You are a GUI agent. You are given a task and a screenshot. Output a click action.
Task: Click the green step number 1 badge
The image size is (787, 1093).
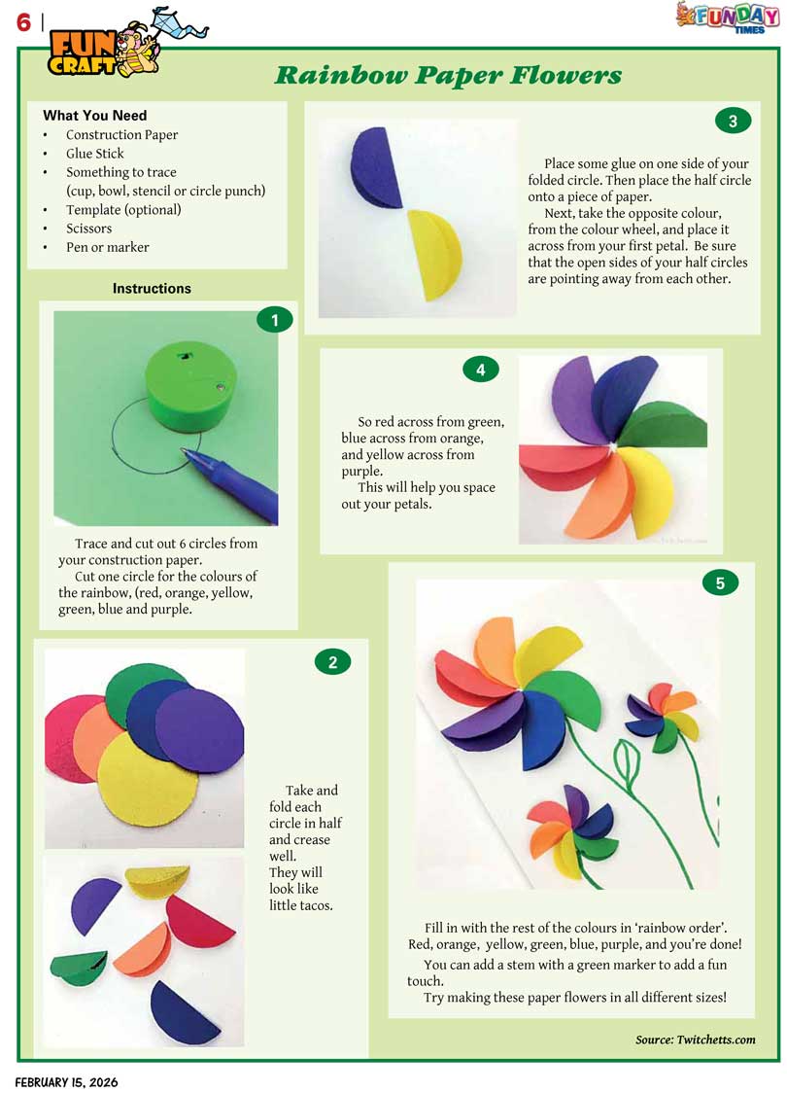274,320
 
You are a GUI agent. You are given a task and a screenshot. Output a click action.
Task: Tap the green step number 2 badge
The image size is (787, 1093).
333,662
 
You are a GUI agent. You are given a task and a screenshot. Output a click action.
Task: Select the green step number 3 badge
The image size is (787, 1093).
733,122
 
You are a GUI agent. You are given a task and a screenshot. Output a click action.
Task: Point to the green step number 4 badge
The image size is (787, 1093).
481,370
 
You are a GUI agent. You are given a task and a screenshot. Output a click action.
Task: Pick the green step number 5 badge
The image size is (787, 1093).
720,582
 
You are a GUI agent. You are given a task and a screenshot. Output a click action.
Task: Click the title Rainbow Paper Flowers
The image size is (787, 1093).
448,75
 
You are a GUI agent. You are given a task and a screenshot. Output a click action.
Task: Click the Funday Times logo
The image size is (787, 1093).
728,18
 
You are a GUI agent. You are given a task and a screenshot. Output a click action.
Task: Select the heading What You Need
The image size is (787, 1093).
94,115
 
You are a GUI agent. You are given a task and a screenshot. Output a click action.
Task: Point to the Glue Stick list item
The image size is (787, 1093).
94,154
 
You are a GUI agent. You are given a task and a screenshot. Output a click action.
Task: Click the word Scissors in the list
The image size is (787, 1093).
88,228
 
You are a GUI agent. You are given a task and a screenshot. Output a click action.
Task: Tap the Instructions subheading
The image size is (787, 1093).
152,288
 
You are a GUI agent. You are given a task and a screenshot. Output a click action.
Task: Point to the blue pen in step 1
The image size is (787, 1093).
231,483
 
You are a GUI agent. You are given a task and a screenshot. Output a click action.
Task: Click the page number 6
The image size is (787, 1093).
23,22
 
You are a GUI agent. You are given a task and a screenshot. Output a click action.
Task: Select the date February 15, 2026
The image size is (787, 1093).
67,1082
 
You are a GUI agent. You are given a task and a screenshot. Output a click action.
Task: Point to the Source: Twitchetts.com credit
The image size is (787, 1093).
695,1040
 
